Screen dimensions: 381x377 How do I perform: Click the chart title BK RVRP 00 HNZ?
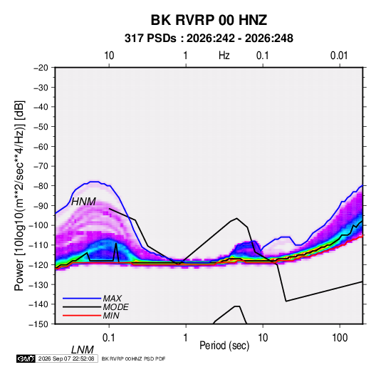pyautogui.click(x=209, y=20)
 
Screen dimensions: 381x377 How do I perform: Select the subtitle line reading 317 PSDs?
pyautogui.click(x=209, y=38)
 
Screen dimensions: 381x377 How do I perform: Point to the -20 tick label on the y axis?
pyautogui.click(x=41, y=68)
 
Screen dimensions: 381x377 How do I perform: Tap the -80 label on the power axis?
pyautogui.click(x=41, y=186)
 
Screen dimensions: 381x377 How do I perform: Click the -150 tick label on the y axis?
pyautogui.click(x=38, y=324)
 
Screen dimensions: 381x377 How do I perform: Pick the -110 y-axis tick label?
pyautogui.click(x=38, y=245)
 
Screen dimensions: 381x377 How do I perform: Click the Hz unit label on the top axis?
pyautogui.click(x=224, y=56)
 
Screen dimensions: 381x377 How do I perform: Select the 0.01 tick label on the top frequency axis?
pyautogui.click(x=339, y=56)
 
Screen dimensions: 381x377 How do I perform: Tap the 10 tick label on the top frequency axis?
pyautogui.click(x=109, y=56)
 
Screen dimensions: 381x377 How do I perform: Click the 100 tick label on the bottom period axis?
pyautogui.click(x=340, y=338)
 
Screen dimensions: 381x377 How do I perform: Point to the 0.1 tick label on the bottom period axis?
pyautogui.click(x=109, y=338)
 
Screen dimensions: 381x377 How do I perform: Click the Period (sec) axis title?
pyautogui.click(x=224, y=346)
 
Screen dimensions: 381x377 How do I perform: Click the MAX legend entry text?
pyautogui.click(x=113, y=299)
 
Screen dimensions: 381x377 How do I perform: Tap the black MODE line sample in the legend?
pyautogui.click(x=82, y=307)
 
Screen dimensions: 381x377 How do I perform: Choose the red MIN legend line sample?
pyautogui.click(x=82, y=316)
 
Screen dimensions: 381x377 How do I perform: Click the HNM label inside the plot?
pyautogui.click(x=83, y=202)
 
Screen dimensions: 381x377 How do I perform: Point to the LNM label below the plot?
pyautogui.click(x=83, y=350)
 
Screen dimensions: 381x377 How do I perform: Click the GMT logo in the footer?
pyautogui.click(x=26, y=358)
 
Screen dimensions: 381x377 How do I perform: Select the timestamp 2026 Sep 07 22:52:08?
pyautogui.click(x=66, y=358)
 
